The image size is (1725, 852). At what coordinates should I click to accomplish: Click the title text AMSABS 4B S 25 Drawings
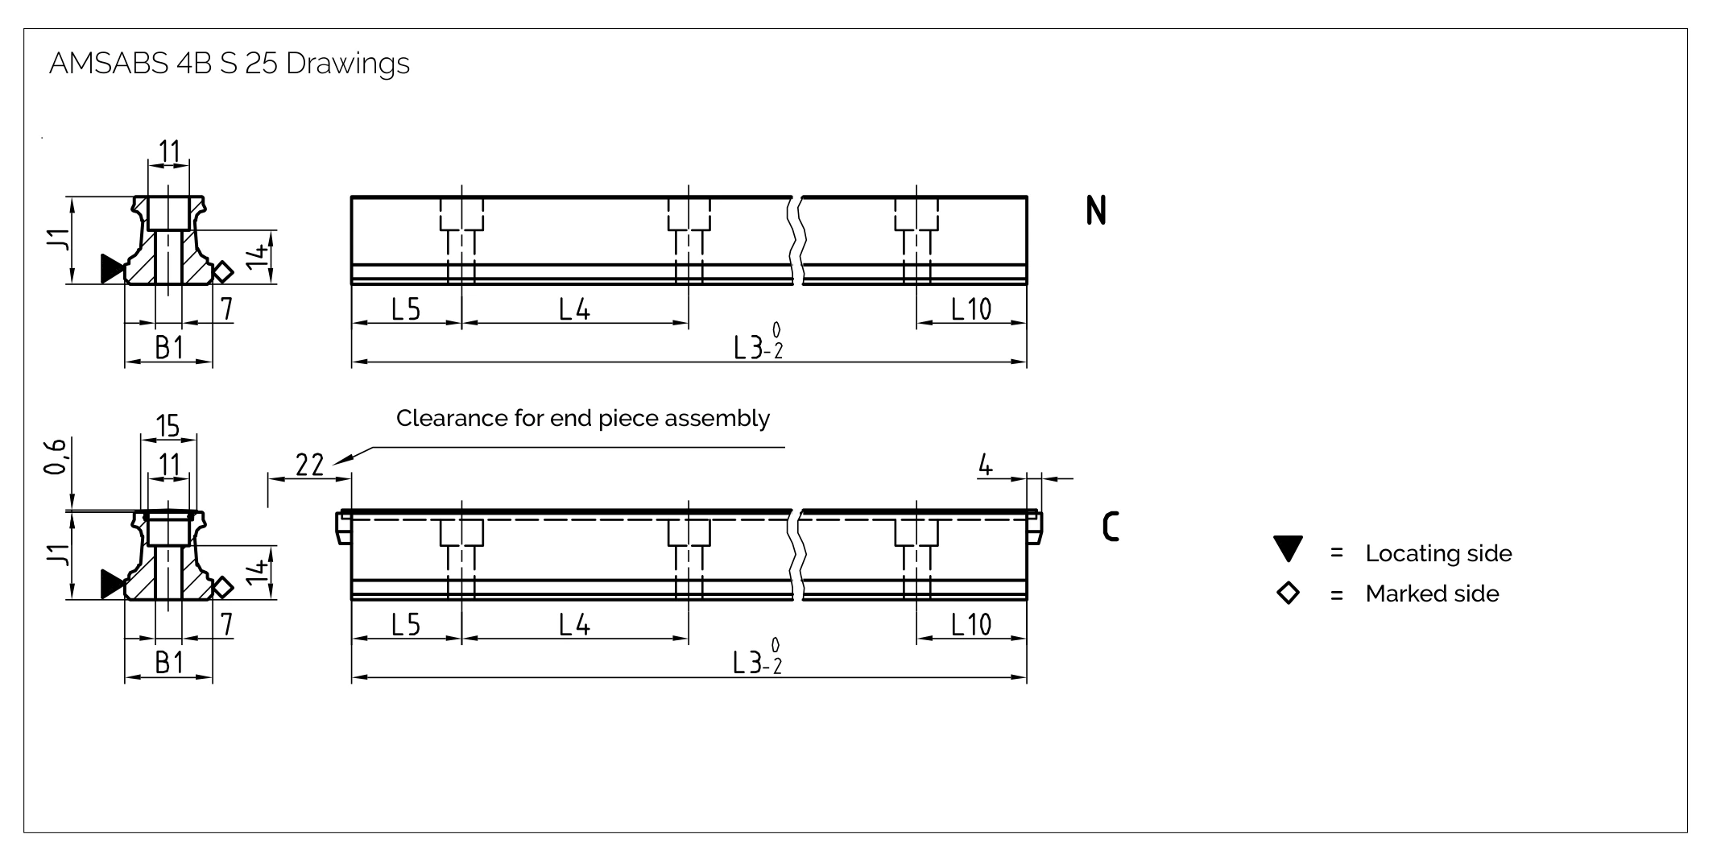point(230,64)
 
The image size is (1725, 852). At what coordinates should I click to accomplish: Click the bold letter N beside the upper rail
point(1096,210)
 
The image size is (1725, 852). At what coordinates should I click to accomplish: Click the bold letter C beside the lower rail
point(1111,527)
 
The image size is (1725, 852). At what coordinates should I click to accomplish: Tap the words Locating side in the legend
point(1438,554)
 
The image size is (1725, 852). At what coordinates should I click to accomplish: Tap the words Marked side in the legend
point(1432,594)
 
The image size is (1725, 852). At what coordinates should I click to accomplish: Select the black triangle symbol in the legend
point(1289,548)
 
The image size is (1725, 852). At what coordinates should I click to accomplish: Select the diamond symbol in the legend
point(1289,594)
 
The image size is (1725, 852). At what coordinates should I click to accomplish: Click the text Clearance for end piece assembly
point(583,419)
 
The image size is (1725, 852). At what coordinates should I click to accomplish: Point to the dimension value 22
point(310,465)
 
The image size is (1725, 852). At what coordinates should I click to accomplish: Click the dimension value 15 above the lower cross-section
point(168,426)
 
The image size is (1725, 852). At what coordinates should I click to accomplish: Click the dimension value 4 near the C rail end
point(986,465)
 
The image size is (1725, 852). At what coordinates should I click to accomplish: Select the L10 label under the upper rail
point(971,309)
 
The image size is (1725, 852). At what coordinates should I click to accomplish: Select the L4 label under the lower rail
point(575,625)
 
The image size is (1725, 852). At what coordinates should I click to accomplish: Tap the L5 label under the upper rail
point(406,309)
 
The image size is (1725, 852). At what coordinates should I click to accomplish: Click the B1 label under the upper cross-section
point(169,348)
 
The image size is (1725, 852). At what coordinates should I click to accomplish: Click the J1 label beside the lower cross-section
point(56,556)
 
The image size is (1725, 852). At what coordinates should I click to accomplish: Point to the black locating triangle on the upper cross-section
point(113,269)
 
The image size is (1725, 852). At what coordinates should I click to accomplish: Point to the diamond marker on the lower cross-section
point(223,588)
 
